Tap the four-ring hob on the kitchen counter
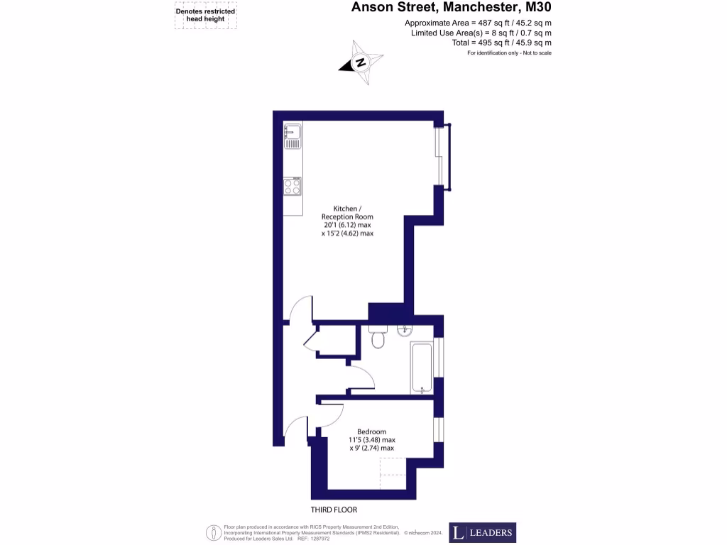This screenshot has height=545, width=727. [292, 187]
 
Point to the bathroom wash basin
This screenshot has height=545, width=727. [405, 330]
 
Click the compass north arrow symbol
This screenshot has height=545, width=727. [361, 62]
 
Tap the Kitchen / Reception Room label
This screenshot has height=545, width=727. [347, 212]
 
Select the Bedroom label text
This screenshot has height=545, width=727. [371, 431]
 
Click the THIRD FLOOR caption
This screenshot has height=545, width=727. [333, 510]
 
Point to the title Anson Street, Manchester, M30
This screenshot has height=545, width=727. [452, 9]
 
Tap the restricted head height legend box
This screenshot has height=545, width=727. [205, 15]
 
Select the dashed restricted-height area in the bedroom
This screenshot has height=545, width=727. [393, 473]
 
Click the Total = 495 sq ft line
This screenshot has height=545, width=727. [501, 43]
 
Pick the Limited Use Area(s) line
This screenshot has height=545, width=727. [481, 33]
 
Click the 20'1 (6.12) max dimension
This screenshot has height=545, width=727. [347, 225]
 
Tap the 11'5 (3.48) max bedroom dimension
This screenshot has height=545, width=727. [371, 440]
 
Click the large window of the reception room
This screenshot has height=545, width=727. [442, 155]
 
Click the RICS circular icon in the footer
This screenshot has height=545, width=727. [212, 532]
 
